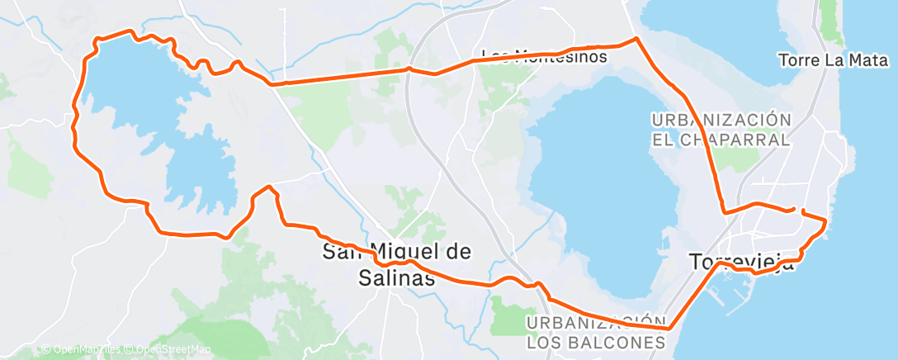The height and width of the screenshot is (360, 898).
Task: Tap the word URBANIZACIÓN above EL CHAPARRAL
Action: click(716, 120)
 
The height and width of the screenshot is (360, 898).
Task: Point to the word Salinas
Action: click(397, 278)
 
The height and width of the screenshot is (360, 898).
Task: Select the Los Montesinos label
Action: click(544, 57)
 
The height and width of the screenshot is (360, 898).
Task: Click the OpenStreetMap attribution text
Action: click(168, 350)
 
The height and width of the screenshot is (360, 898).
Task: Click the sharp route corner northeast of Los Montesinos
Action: click(636, 39)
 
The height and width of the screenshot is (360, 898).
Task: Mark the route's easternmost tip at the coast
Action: click(826, 220)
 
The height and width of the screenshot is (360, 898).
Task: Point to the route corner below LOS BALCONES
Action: click(669, 329)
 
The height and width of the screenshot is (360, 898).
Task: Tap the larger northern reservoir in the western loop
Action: click(132, 83)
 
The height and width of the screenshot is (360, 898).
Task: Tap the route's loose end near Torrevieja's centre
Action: click(794, 209)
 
